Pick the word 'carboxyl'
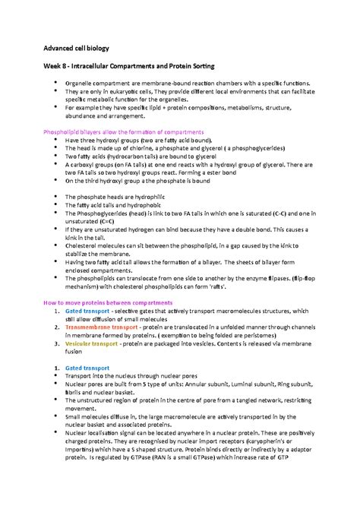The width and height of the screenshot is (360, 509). pos(86,165)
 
